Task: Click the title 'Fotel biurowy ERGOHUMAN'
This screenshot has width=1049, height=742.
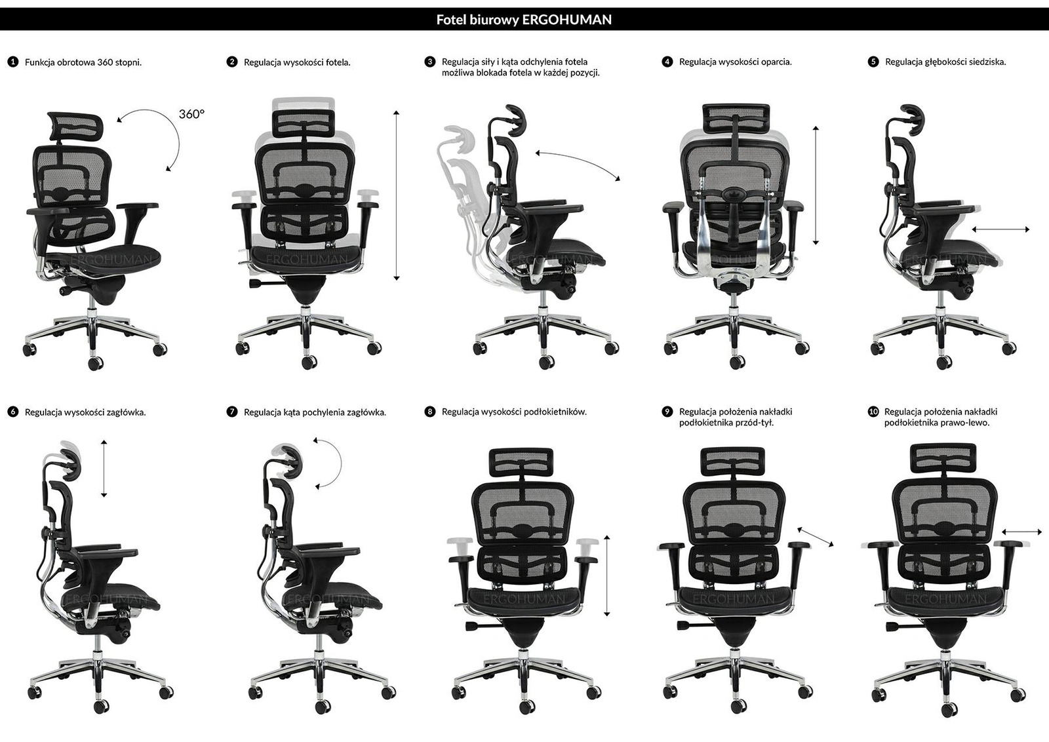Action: [524, 20]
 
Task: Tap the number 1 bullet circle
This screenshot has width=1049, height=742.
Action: [12, 62]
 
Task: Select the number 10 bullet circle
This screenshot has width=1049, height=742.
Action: [873, 412]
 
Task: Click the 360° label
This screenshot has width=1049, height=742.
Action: [191, 114]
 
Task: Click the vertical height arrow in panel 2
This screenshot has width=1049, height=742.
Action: [396, 196]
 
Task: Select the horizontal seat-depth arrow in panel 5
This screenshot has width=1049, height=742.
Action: [1000, 229]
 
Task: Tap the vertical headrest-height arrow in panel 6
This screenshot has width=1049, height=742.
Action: [104, 469]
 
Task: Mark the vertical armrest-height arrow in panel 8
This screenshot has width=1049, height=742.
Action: [607, 576]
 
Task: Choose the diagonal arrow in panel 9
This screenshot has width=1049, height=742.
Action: [816, 537]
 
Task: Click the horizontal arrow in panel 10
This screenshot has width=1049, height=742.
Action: [1022, 532]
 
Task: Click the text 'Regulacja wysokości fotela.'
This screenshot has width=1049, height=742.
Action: [297, 62]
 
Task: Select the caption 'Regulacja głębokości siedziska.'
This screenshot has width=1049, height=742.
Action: [945, 62]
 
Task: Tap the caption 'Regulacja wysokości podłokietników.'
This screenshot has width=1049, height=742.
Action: [514, 412]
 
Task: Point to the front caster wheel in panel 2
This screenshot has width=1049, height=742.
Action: [309, 362]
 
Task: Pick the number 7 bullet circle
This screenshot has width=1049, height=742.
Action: [232, 412]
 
